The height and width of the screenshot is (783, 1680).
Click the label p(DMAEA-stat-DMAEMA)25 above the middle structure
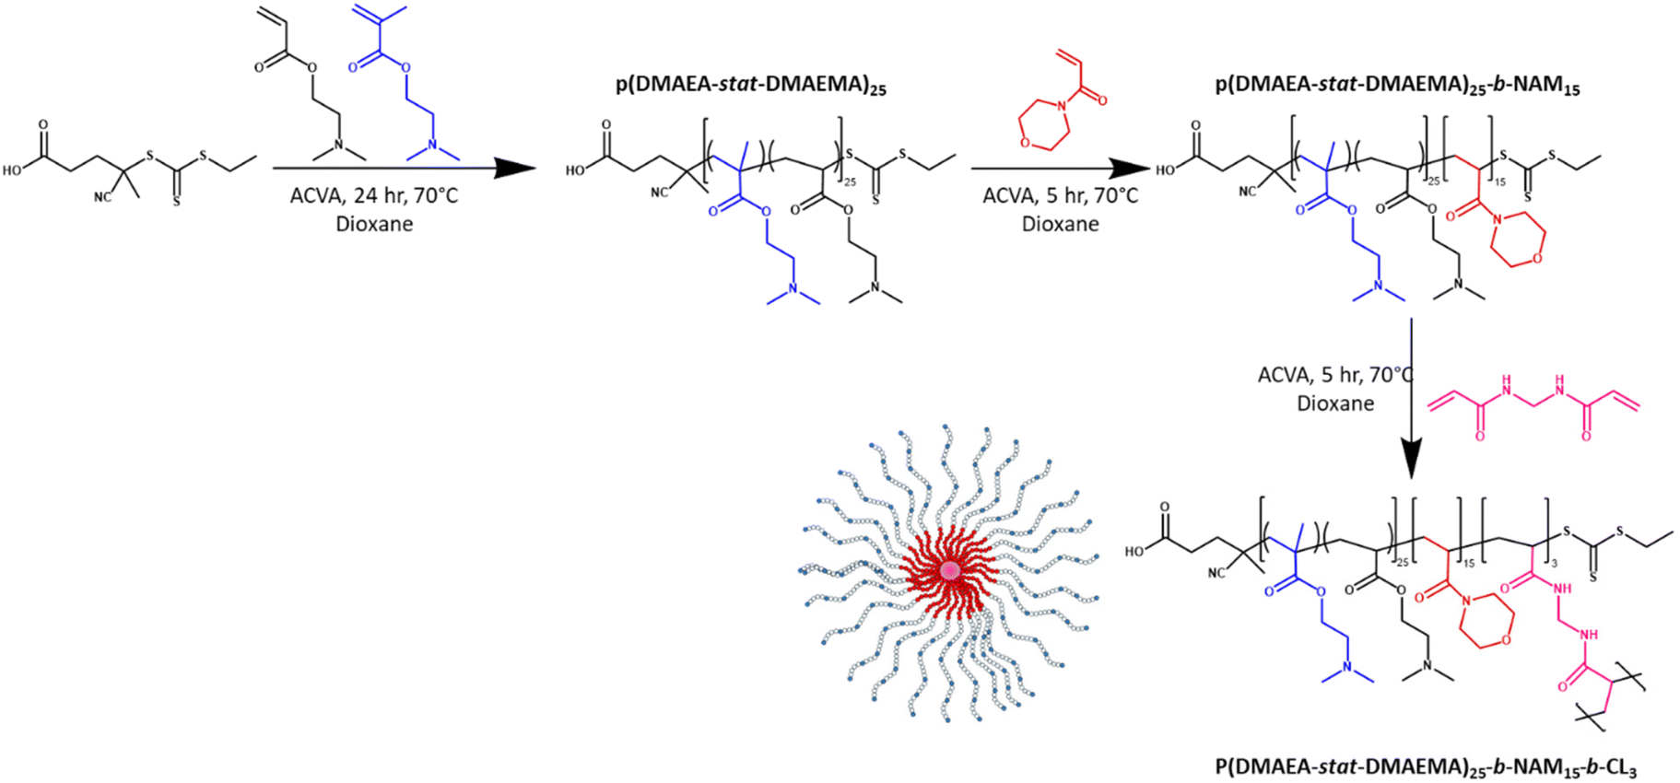(x=750, y=86)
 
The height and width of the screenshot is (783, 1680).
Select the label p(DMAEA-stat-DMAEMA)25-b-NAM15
(x=1397, y=86)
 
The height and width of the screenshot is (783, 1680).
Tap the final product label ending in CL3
(x=1425, y=766)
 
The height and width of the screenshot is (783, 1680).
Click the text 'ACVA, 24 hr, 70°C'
(x=374, y=195)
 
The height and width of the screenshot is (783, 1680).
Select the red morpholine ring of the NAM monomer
(x=1043, y=126)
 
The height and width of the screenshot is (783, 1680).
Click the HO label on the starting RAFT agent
(x=13, y=169)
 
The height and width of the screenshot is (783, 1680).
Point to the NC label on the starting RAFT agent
(x=103, y=195)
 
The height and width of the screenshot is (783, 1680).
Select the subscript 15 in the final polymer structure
(x=1469, y=563)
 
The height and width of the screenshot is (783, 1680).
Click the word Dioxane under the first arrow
(x=374, y=224)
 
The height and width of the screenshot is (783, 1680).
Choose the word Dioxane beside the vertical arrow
(x=1335, y=403)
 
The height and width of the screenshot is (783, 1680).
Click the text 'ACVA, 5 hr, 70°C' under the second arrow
(x=1060, y=195)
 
